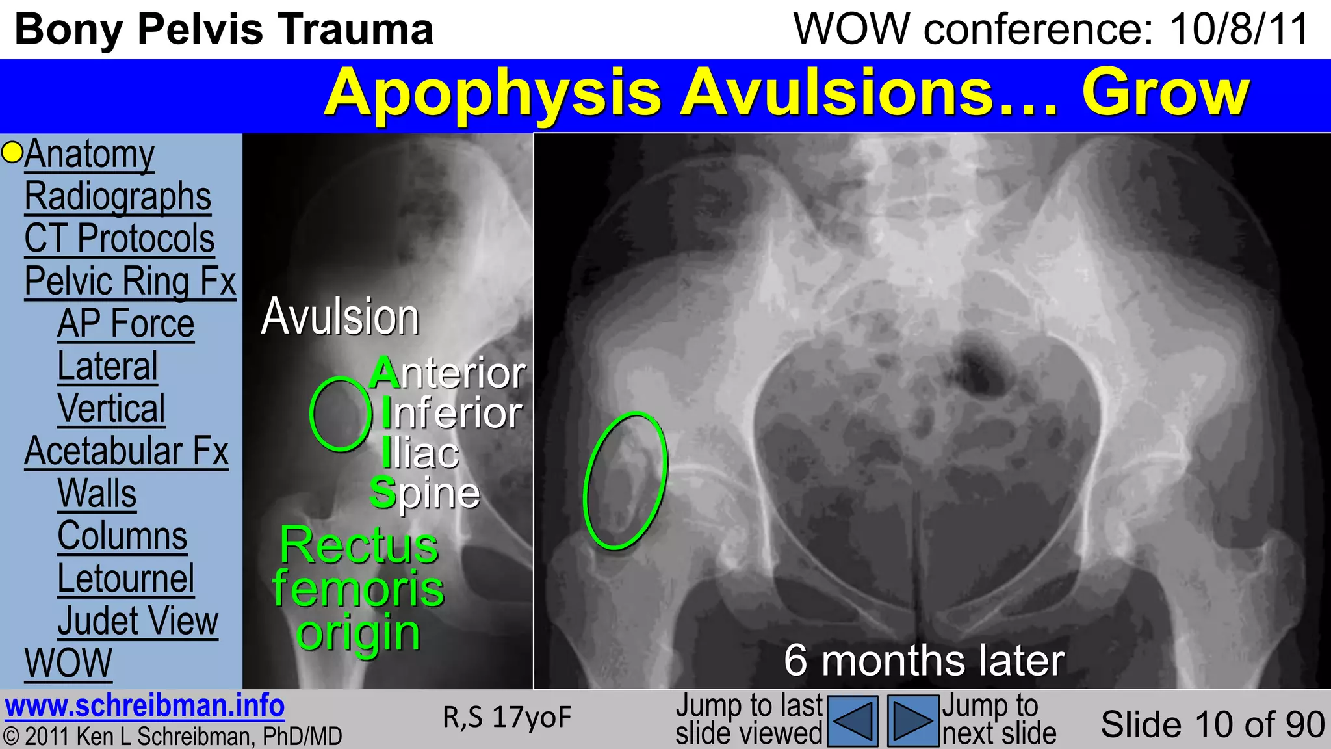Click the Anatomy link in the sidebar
(x=89, y=154)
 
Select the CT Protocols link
(x=120, y=239)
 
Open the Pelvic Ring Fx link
(x=130, y=281)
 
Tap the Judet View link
(x=138, y=621)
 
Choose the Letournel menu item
(x=125, y=579)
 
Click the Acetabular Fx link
(x=126, y=451)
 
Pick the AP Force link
(x=125, y=324)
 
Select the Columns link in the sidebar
(x=122, y=536)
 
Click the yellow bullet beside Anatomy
(x=12, y=152)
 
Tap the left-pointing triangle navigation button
(x=853, y=720)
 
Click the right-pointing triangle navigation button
(x=912, y=720)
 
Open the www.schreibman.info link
(x=144, y=706)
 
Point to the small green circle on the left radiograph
(x=341, y=414)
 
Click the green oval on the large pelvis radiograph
(x=626, y=480)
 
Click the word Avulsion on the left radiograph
(x=340, y=317)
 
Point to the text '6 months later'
(x=924, y=661)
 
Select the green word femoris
(x=358, y=588)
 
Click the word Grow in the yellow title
(x=1165, y=93)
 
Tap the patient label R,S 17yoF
(x=507, y=717)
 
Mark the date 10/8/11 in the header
(x=1239, y=29)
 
